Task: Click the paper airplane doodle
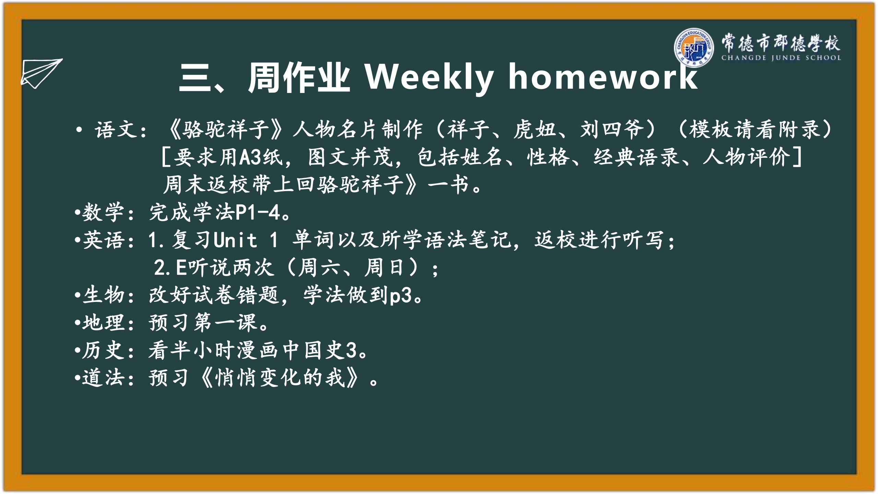pyautogui.click(x=41, y=73)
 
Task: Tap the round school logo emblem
pyautogui.click(x=694, y=48)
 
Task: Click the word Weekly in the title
pyautogui.click(x=429, y=78)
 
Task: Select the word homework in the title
pyautogui.click(x=603, y=77)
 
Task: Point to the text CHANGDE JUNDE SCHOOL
pyautogui.click(x=781, y=58)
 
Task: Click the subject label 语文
pyautogui.click(x=117, y=130)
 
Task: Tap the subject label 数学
pyautogui.click(x=103, y=212)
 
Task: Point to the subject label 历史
pyautogui.click(x=103, y=350)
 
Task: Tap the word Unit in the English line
pyautogui.click(x=235, y=239)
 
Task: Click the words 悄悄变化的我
pyautogui.click(x=280, y=378)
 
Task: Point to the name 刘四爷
pyautogui.click(x=612, y=130)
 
